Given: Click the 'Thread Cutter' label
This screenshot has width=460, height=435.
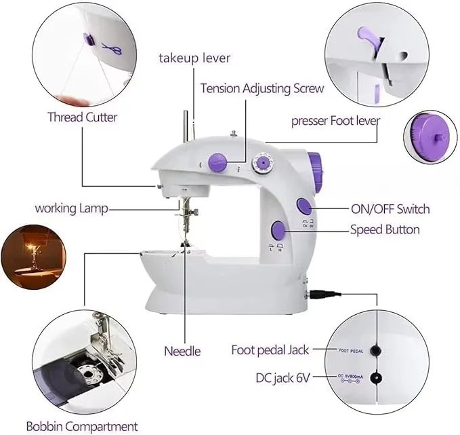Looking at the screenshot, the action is (x=82, y=117).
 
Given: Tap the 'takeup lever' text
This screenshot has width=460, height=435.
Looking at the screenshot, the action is (x=194, y=58).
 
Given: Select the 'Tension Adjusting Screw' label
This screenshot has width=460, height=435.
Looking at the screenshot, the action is (x=262, y=88).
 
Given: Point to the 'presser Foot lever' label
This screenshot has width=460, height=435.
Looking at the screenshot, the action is (x=335, y=121).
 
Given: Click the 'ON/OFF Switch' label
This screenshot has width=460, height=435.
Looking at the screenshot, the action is (x=390, y=208).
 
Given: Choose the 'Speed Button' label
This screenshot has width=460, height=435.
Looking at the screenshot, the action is (x=385, y=229).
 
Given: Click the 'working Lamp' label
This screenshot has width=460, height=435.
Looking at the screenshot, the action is (x=72, y=208).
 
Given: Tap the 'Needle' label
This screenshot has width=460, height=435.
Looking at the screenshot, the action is (x=182, y=350).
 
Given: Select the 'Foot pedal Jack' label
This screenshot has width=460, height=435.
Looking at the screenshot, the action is (x=270, y=350).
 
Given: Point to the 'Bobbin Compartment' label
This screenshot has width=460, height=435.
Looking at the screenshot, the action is (x=82, y=426).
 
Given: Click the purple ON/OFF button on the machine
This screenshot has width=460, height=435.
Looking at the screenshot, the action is (x=304, y=206).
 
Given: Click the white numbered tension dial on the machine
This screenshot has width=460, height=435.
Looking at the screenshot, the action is (x=261, y=163).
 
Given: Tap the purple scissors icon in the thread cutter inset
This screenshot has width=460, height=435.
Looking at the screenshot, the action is (x=108, y=48).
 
